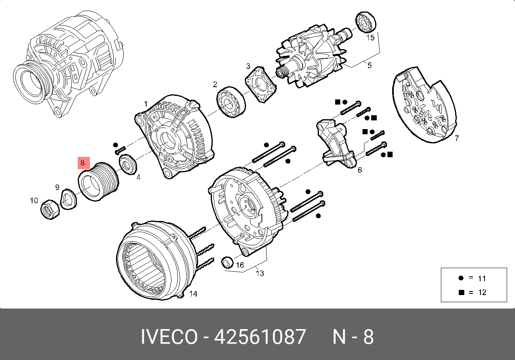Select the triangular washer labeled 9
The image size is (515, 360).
[x=68, y=199]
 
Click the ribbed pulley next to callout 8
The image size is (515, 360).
[x=99, y=182]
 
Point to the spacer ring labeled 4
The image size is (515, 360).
[x=128, y=165]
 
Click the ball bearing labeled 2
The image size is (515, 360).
[x=231, y=102]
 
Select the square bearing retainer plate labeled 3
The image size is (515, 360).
[x=261, y=84]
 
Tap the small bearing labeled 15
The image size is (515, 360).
[x=366, y=22]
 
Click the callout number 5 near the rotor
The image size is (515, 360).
[x=369, y=65]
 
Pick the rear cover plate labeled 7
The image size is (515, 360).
[x=424, y=105]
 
